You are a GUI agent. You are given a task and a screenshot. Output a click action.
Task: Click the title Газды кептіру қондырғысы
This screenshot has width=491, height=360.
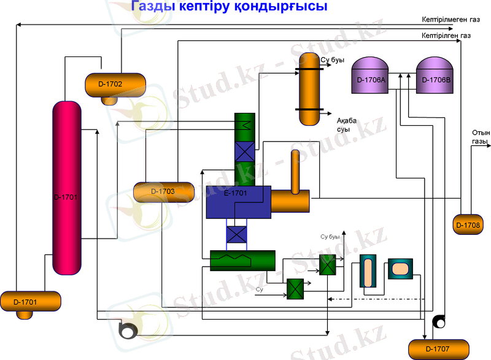coord(228,7)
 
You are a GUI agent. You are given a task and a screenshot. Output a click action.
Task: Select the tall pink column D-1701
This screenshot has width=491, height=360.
coord(66,187)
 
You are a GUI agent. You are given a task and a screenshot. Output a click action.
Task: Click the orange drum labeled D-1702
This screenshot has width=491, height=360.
coord(114,84)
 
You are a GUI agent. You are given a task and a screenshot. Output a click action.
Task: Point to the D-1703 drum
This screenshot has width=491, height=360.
coord(163,191)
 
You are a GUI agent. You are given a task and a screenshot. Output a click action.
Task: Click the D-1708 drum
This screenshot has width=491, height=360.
coord(468,224)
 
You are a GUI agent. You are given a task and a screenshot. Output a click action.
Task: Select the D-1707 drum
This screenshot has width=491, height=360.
coord(438,348)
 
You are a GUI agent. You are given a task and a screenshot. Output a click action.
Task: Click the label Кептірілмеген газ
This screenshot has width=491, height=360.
coord(446,20)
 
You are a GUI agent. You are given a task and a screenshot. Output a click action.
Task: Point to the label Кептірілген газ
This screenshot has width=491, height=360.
coord(446,36)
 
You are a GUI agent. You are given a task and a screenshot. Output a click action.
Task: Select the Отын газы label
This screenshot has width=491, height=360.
coord(480,137)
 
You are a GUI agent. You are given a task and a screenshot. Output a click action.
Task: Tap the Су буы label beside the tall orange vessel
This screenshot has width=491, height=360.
coord(332,60)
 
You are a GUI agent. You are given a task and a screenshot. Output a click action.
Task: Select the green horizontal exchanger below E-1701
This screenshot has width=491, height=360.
coord(241,260)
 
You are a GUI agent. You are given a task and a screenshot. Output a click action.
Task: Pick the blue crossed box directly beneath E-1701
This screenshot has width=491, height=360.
coord(237,234)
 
